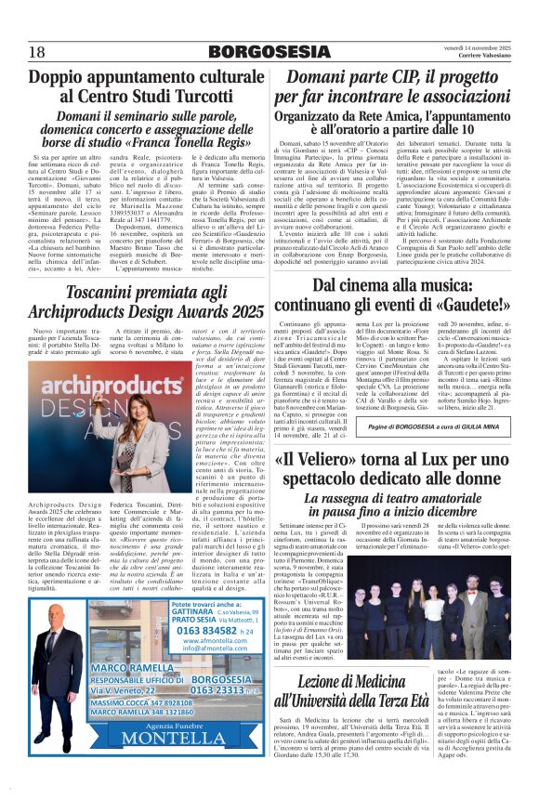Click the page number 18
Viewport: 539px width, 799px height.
[x=37, y=50]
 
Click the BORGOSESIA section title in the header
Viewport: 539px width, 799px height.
[x=269, y=50]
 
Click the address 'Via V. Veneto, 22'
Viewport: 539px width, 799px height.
[x=91, y=691]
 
